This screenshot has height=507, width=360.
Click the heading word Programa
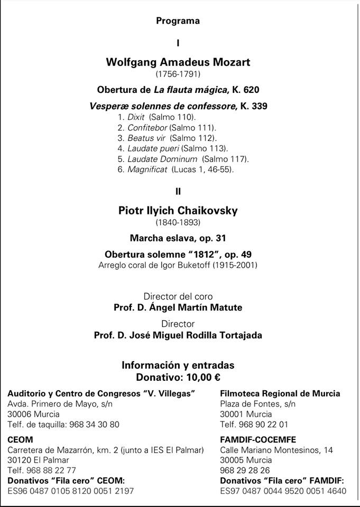click(x=178, y=21)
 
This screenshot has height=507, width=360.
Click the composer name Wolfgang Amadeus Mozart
click(x=178, y=62)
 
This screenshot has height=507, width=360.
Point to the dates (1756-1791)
click(x=178, y=74)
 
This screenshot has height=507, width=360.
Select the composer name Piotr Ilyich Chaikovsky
click(x=178, y=211)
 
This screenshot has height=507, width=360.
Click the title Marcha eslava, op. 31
click(x=178, y=238)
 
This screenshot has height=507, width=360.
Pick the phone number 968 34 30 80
click(x=93, y=424)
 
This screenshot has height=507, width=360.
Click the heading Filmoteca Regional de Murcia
click(x=280, y=393)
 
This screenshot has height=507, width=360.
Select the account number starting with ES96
click(x=71, y=491)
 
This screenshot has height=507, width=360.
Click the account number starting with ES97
click(x=283, y=491)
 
